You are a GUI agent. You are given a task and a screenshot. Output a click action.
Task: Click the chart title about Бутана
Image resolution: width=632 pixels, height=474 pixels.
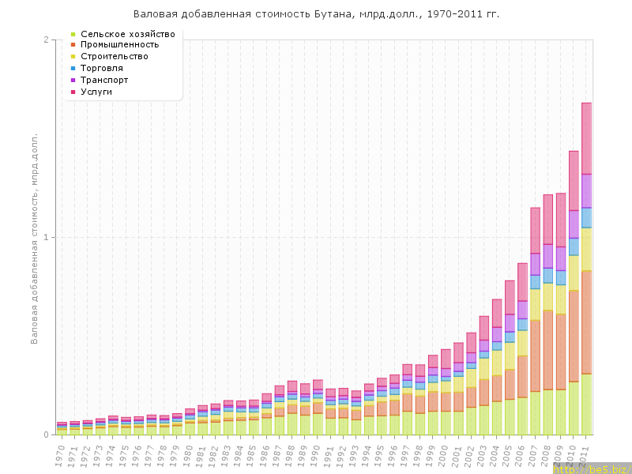(x=316, y=14)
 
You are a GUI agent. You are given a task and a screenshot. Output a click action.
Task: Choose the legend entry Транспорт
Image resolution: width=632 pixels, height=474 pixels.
(x=110, y=80)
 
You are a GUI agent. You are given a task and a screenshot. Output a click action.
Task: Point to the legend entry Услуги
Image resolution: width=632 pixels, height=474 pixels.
(x=102, y=92)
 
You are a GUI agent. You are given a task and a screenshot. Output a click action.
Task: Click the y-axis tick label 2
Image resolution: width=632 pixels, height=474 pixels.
(x=46, y=39)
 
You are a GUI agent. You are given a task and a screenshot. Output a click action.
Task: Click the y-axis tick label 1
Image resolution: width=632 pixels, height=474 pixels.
(x=46, y=237)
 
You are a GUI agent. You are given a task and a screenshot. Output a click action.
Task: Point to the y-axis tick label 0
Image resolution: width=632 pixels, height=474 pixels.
(x=46, y=434)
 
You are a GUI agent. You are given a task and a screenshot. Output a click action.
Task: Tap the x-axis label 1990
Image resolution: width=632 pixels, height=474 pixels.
(x=318, y=454)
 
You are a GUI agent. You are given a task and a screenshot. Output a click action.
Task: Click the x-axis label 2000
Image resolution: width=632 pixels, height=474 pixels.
(x=446, y=454)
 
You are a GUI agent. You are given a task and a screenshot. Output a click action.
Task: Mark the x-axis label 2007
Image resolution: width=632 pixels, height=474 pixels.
(x=536, y=454)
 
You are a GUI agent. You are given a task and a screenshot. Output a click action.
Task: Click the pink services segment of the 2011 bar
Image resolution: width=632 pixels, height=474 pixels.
(x=587, y=138)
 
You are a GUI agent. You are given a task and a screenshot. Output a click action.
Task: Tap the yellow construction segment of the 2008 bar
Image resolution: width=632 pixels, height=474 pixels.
(x=548, y=296)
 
